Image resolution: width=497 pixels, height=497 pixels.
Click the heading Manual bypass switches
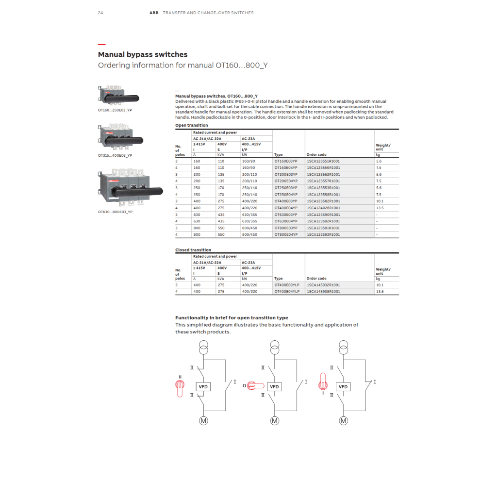(x=143, y=54)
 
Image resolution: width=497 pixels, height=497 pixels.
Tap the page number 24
(x=100, y=13)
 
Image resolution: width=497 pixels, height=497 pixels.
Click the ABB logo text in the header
(x=153, y=13)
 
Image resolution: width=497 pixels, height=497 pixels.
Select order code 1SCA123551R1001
(x=323, y=161)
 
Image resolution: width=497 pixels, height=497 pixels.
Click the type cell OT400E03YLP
(x=287, y=285)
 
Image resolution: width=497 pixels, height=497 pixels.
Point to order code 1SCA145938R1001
(x=323, y=292)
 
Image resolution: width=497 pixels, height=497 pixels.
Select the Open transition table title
(x=191, y=125)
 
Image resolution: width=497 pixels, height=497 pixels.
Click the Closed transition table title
(x=193, y=250)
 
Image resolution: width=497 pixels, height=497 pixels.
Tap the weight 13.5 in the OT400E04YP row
(x=380, y=208)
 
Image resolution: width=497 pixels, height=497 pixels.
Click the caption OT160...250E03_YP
(x=115, y=110)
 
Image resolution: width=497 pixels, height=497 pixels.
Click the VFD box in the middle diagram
(x=274, y=387)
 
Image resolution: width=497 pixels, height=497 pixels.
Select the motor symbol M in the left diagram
(x=203, y=421)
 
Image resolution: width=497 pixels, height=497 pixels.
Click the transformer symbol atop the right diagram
(x=344, y=347)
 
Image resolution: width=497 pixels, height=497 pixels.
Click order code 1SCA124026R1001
(x=323, y=208)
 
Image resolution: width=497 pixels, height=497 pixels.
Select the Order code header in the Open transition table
(x=316, y=155)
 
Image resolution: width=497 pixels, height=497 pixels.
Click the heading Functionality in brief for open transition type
(x=232, y=318)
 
